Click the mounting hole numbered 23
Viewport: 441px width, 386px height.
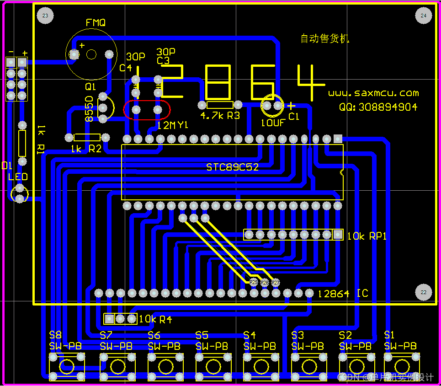click(45, 16)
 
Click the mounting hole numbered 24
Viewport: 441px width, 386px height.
click(424, 16)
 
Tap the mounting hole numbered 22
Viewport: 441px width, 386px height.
click(424, 292)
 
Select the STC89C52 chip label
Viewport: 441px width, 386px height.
click(232, 167)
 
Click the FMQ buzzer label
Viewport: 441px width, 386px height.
click(96, 22)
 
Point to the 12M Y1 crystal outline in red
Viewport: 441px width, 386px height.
click(147, 110)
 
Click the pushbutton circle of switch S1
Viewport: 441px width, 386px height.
click(402, 366)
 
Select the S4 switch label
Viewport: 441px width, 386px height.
click(250, 335)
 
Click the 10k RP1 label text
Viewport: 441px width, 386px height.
click(367, 236)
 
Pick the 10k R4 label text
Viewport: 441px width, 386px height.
click(155, 319)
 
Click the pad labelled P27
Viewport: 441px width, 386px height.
click(276, 283)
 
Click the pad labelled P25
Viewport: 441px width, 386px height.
click(254, 283)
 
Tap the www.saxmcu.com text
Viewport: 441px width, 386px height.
click(373, 93)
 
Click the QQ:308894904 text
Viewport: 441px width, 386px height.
click(378, 107)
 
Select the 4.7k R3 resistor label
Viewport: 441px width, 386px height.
click(220, 116)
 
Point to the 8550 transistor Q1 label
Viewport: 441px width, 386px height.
click(90, 109)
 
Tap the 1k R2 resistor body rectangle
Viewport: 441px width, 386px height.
click(87, 137)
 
